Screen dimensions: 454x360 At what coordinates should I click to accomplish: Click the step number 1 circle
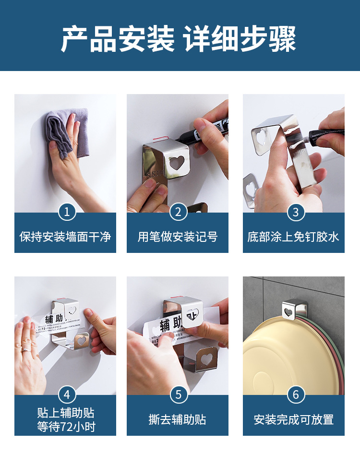67,212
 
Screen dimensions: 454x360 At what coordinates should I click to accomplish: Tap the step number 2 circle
178,212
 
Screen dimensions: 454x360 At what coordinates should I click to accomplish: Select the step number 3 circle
296,212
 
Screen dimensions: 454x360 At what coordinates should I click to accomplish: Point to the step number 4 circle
67,394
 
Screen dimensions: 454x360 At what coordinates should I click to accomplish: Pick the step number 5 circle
178,394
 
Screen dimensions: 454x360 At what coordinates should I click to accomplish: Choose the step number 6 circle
296,394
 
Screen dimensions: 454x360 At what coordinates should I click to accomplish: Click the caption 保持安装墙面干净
65,237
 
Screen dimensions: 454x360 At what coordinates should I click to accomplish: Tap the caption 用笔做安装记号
178,237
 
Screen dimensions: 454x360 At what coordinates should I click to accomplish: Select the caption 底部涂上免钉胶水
293,237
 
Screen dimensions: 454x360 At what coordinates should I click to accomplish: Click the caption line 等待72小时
65,427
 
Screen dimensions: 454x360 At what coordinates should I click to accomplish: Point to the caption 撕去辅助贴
178,420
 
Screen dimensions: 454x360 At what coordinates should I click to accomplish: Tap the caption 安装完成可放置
293,420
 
